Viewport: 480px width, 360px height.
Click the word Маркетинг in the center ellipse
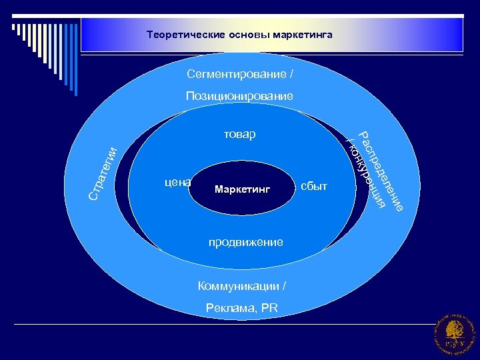pyautogui.click(x=243, y=190)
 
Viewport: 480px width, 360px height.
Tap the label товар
pyautogui.click(x=239, y=135)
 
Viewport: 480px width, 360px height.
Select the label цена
pyautogui.click(x=177, y=181)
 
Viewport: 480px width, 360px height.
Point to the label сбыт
pyautogui.click(x=314, y=186)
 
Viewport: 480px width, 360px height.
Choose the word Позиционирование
pyautogui.click(x=239, y=97)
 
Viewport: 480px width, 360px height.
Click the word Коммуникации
pyautogui.click(x=238, y=286)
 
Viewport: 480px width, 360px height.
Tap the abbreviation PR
pyautogui.click(x=269, y=307)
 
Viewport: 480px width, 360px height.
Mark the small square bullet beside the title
pyautogui.click(x=14, y=27)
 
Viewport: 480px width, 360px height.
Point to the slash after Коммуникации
pyautogui.click(x=285, y=286)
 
